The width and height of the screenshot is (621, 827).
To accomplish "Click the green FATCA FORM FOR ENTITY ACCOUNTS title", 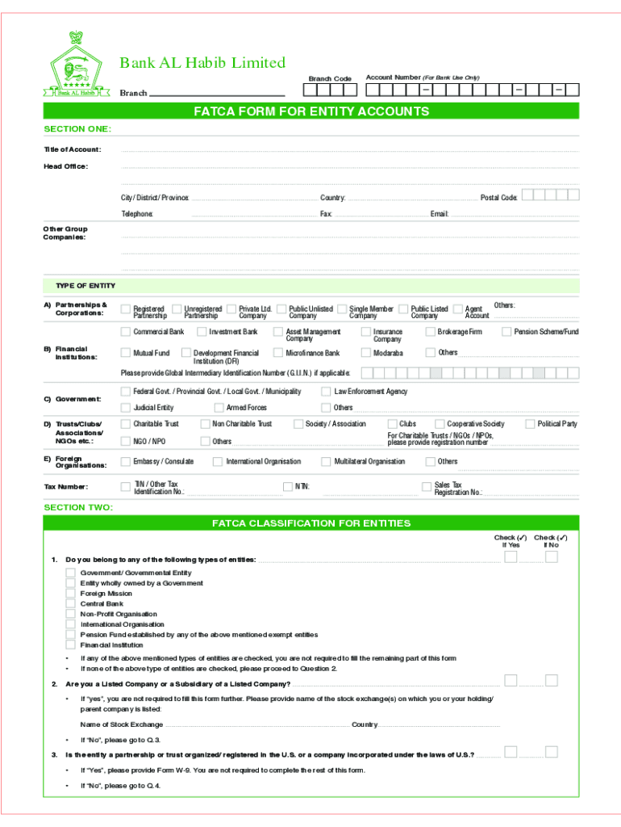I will [310, 111].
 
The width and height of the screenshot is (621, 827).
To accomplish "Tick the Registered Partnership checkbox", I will [125, 309].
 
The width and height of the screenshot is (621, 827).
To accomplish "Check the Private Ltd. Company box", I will [231, 309].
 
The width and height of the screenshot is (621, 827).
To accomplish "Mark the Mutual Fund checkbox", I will [125, 353].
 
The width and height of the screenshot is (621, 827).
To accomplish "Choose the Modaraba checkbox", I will [365, 353].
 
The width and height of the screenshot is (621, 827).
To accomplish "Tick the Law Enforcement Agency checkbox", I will [327, 392].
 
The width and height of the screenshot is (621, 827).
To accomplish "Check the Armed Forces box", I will [218, 408].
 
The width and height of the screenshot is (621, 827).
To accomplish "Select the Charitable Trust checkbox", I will [125, 424].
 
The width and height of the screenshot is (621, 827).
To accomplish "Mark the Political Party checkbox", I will [530, 424].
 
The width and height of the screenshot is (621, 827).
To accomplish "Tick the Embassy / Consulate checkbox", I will [125, 462].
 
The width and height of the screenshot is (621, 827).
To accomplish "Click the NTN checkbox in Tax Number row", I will [287, 486].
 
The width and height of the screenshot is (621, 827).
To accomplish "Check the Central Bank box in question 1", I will [71, 603].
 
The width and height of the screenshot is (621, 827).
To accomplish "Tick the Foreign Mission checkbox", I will [71, 593].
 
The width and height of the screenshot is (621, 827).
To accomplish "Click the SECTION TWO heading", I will [78, 507].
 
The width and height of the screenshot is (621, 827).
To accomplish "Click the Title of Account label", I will [72, 149].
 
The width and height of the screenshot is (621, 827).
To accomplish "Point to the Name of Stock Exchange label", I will [121, 724].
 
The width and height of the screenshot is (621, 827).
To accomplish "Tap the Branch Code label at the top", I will [330, 78].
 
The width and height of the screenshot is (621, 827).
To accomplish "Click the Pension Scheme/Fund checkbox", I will [506, 332].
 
